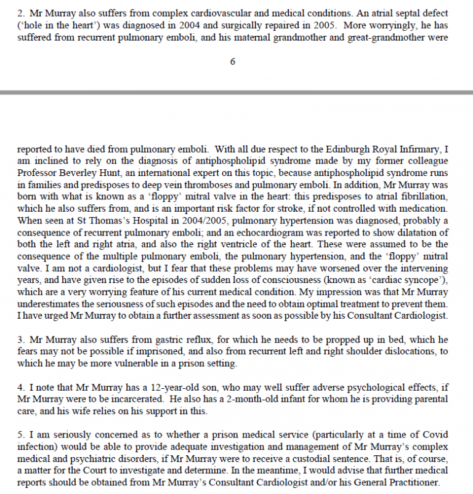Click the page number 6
(x=233, y=62)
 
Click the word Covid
(x=432, y=436)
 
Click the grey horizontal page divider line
(x=236, y=92)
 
